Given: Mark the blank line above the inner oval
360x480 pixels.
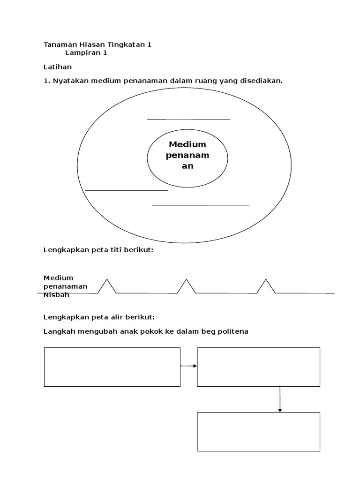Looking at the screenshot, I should click(188, 120).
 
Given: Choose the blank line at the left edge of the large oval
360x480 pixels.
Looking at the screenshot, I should click(127, 191).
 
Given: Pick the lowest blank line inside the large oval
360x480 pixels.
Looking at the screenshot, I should click(201, 205).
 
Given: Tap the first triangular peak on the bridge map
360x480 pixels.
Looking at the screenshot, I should click(107, 285).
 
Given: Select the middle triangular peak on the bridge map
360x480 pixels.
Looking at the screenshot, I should click(187, 285).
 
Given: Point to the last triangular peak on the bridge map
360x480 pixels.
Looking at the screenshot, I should click(266, 285).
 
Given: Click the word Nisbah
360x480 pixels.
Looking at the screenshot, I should click(56, 295).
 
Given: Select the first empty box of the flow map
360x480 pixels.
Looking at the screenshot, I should click(112, 367).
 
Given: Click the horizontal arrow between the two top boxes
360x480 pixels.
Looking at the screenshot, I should click(188, 366).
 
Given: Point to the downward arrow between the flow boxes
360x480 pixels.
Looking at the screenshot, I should click(280, 399).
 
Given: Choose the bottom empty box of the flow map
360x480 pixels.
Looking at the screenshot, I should click(258, 432).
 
